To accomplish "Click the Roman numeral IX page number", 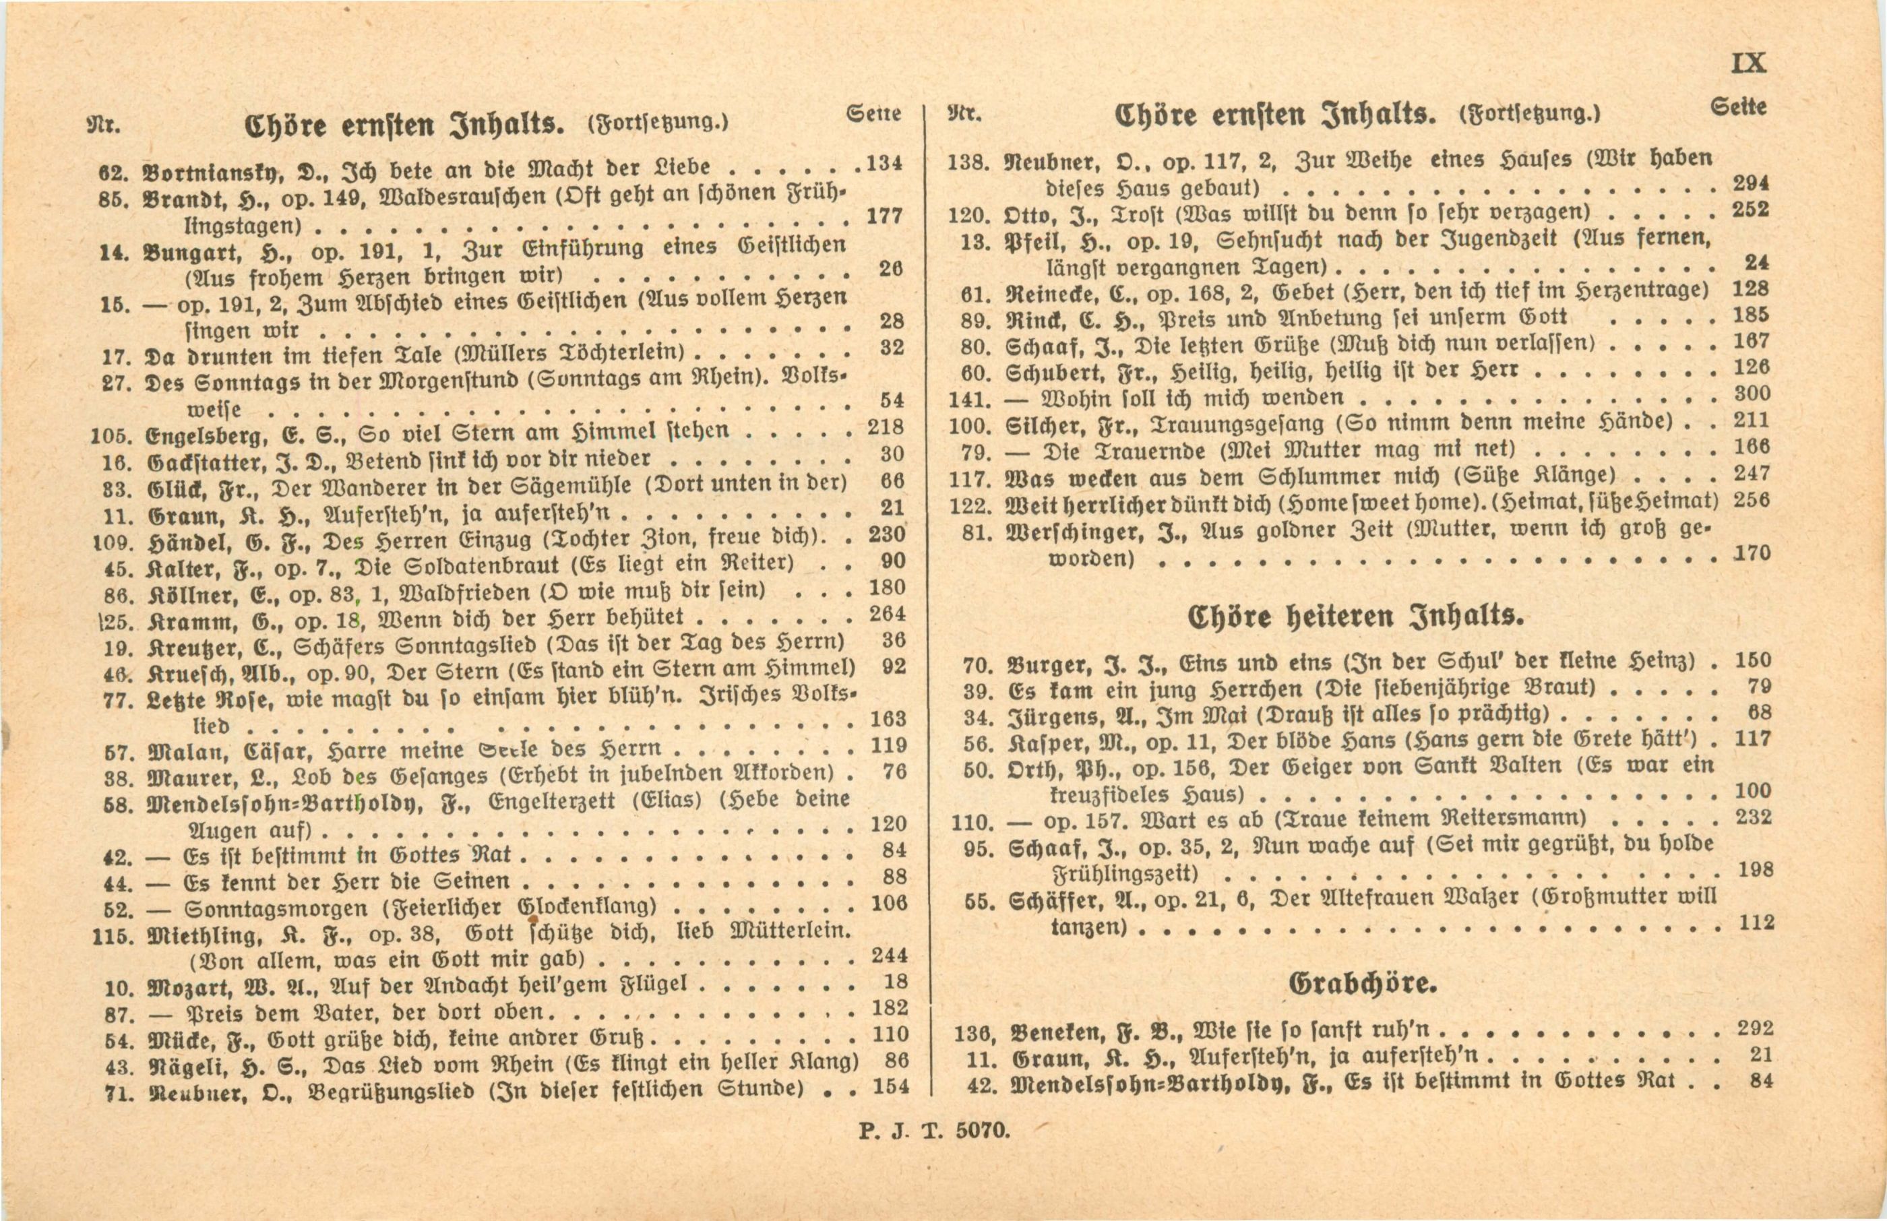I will coord(1749,63).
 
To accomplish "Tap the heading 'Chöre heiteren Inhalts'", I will coord(1355,616).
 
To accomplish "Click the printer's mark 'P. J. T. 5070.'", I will coord(935,1130).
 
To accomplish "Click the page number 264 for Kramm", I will coord(887,614).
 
